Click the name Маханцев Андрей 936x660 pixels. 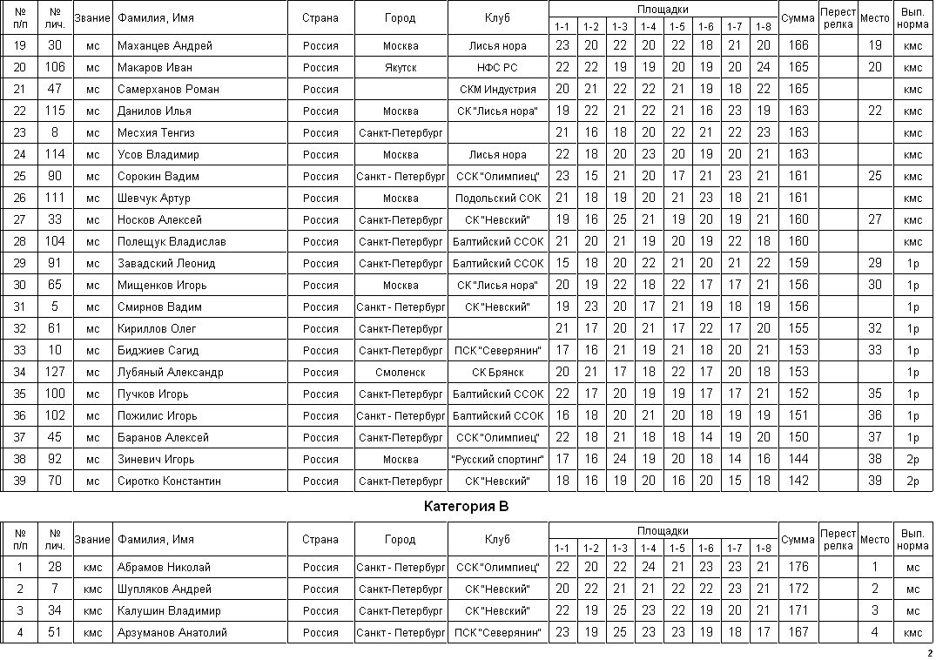coord(165,46)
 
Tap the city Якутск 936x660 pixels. coord(400,68)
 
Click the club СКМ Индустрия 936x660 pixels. coord(497,90)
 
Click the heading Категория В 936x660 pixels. coord(466,506)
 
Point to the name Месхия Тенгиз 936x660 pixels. coord(156,133)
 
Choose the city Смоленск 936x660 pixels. coord(400,373)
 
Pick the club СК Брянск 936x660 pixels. coord(497,373)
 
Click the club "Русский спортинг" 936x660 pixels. coord(497,460)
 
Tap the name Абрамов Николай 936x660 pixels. coord(164,568)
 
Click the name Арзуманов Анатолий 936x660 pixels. coord(172,633)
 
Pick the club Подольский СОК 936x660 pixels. coord(497,199)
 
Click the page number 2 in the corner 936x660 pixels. coord(929,653)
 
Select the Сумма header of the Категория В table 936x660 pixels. coord(798,540)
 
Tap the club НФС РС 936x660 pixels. coord(497,68)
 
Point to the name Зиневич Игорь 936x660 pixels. coord(156,460)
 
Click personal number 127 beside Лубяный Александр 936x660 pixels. coord(55,373)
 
